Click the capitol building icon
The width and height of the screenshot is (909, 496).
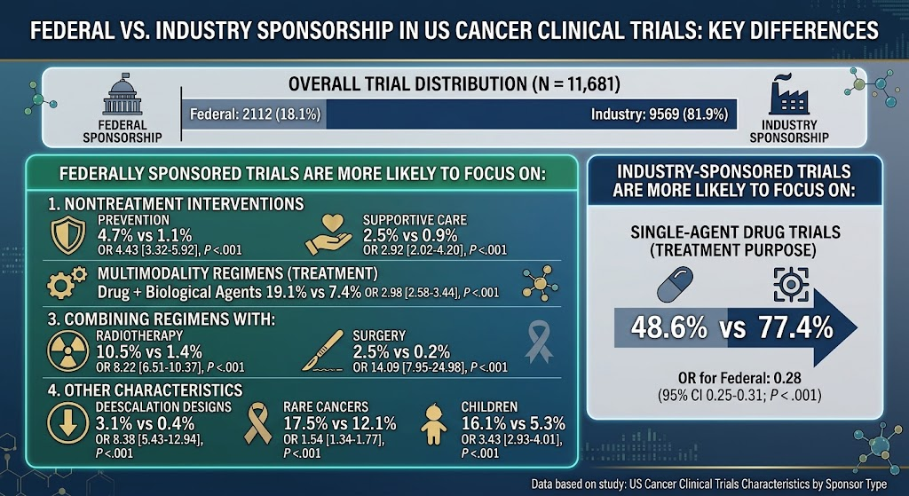tap(123, 94)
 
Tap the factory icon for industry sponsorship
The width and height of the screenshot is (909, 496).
tap(788, 94)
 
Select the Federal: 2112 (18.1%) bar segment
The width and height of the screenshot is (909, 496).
tap(255, 114)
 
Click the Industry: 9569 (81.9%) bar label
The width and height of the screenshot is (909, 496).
tap(660, 114)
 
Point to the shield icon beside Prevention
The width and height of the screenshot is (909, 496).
tap(67, 236)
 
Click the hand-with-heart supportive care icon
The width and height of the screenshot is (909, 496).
tap(328, 234)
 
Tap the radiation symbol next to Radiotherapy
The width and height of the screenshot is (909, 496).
tap(67, 350)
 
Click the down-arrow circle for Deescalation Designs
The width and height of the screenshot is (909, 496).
tap(67, 424)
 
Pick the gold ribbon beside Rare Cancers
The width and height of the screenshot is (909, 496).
tap(258, 424)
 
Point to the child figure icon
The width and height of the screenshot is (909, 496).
tap(433, 424)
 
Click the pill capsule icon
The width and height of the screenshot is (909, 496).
tap(675, 284)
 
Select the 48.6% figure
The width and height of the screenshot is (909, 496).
tap(668, 328)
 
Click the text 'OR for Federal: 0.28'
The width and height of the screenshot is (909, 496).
tap(739, 378)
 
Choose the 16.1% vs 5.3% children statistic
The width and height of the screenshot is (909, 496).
tap(512, 423)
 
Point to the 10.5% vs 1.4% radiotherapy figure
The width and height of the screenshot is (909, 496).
tap(148, 351)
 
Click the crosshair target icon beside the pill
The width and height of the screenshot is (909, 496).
tap(791, 284)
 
